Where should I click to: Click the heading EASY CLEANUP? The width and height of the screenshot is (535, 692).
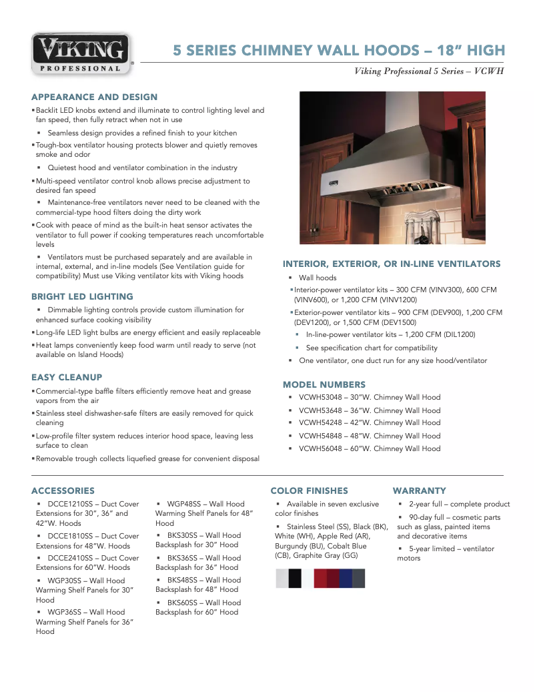point(67,377)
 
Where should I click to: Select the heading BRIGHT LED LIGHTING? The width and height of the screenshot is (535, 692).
point(82,296)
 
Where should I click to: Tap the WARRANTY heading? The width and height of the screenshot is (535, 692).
point(419,490)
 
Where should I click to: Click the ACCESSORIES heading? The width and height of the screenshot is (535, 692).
point(63,490)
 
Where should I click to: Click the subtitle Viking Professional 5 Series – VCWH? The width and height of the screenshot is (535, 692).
point(428,71)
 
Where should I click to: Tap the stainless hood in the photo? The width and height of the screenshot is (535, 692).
point(387,170)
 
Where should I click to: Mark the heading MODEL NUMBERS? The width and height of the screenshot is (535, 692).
point(324,385)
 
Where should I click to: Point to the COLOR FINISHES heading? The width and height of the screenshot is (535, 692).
point(309,490)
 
